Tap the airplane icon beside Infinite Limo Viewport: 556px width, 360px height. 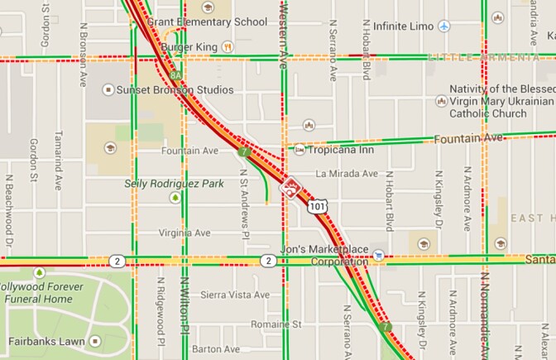click(444, 26)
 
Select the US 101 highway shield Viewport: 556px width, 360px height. click(319, 204)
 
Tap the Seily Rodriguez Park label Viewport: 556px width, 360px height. click(174, 183)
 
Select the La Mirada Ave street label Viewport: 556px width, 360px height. click(346, 175)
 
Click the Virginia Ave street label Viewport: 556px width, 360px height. click(186, 233)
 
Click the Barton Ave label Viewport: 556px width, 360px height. click(215, 349)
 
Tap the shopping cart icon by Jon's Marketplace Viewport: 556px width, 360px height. click(378, 255)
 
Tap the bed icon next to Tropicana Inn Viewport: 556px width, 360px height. click(300, 150)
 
